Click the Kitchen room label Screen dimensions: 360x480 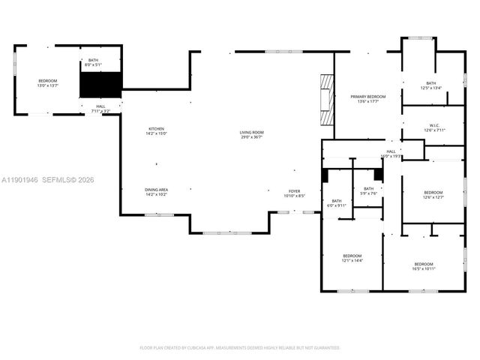point(156,131)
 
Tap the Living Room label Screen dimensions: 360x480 point(251,134)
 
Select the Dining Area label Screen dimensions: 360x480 point(156,192)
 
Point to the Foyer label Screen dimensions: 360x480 point(295,193)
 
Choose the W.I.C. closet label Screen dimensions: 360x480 point(434,127)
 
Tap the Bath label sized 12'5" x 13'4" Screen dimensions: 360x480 point(431,85)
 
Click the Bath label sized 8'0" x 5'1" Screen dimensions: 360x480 point(93,62)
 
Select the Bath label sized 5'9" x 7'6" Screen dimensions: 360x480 point(368,190)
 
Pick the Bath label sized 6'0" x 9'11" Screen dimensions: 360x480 point(337,202)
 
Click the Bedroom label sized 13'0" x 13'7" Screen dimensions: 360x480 point(48,82)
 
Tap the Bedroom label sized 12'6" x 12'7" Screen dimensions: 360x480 point(434,195)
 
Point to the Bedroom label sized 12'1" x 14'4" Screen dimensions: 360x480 point(352,258)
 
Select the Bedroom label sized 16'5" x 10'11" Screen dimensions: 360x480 point(424,265)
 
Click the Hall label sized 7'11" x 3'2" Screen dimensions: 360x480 point(100,109)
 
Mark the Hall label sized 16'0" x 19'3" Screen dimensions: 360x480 point(391,154)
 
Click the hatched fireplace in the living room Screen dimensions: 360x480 point(325,99)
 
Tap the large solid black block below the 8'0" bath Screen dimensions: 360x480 point(100,85)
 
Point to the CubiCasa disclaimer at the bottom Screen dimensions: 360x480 point(240,347)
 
